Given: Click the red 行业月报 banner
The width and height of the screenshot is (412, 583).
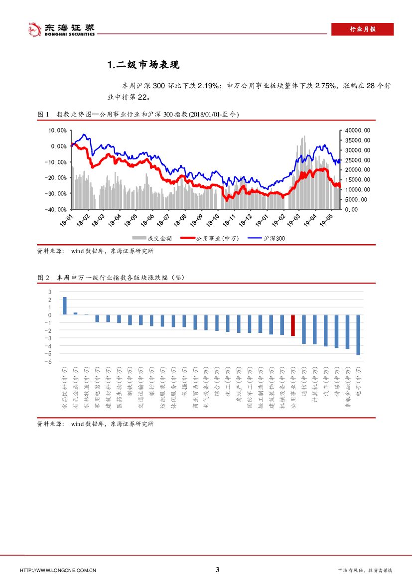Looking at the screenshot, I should tap(362, 29).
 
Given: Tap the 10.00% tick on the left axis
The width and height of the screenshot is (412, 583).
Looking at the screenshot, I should tap(57, 131).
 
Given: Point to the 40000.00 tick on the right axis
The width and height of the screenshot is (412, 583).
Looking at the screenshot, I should tap(357, 131).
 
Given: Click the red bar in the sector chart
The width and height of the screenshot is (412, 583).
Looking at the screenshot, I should tap(293, 325).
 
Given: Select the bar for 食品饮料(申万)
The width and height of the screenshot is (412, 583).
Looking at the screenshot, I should tap(64, 306).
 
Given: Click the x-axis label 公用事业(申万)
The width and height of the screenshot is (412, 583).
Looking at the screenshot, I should tap(293, 388).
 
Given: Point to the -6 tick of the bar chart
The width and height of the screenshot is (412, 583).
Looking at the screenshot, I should tap(49, 361).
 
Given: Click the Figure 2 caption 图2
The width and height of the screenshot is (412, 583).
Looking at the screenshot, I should tap(43, 277).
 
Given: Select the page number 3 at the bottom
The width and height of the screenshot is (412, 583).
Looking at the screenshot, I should tap(217, 570).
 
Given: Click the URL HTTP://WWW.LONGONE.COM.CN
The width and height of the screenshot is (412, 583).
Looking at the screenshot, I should tap(58, 571).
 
